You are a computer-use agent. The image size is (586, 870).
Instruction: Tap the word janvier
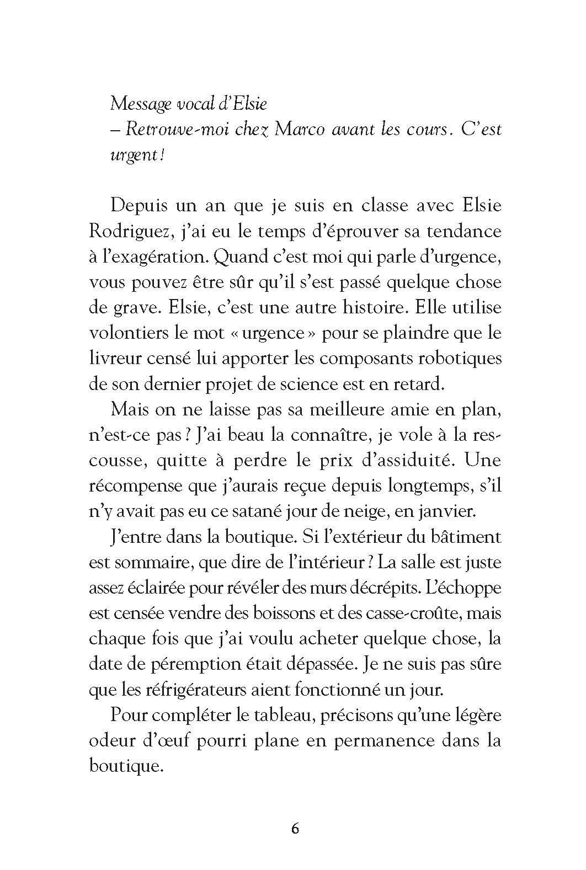click(450, 511)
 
